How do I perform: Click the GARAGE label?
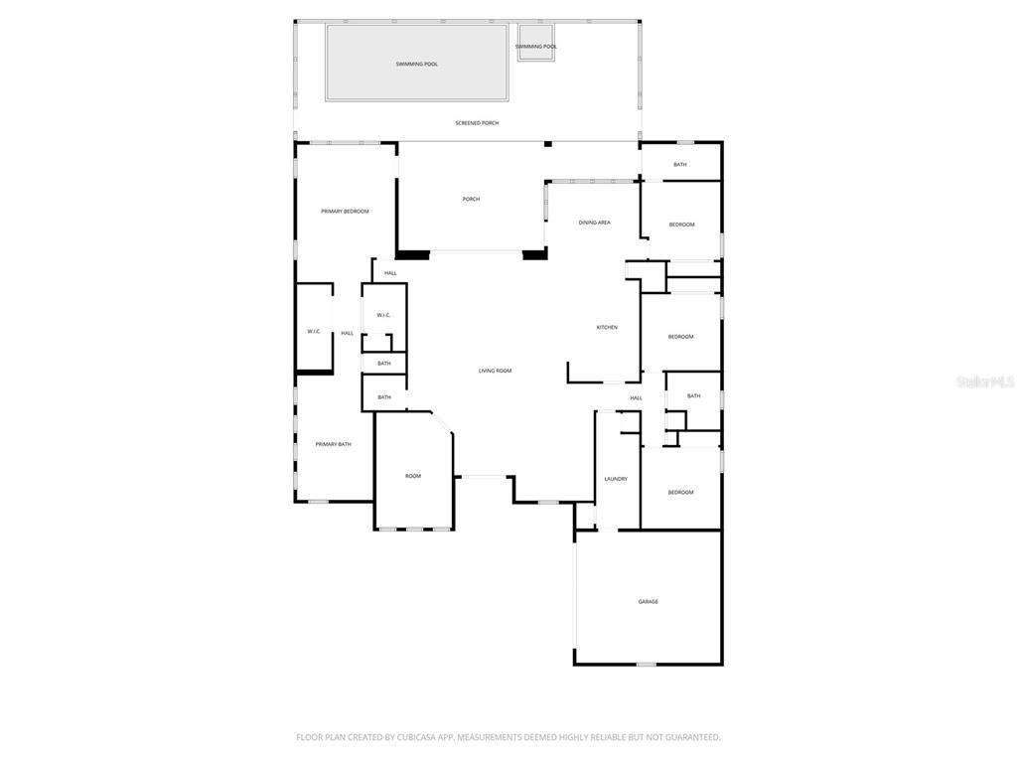648,601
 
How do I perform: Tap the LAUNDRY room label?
616,479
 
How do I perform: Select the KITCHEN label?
607,327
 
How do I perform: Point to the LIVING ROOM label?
495,371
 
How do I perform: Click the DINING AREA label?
594,223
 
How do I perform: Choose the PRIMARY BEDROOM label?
345,212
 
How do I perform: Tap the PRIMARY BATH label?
333,444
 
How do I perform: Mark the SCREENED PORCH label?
477,123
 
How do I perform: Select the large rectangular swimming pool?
417,64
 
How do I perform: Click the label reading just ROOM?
413,476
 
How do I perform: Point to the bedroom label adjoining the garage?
680,493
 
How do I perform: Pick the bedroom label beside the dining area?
681,225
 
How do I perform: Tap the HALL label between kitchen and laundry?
636,397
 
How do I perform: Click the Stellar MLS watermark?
985,381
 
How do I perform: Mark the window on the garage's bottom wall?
646,664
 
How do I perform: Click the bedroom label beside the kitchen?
680,337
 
